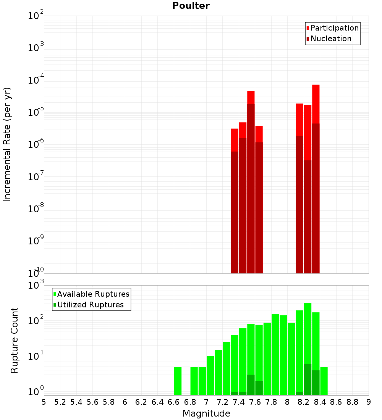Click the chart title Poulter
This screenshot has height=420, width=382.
pyautogui.click(x=191, y=6)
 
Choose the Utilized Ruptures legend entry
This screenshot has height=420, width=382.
pyautogui.click(x=90, y=305)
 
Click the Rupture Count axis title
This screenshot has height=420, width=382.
pyautogui.click(x=15, y=340)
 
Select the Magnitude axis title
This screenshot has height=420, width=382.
pyautogui.click(x=206, y=414)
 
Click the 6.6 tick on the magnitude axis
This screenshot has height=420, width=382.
pyautogui.click(x=174, y=402)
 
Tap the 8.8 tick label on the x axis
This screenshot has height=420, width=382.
pyautogui.click(x=352, y=402)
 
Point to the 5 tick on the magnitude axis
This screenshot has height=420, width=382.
pyautogui.click(x=44, y=402)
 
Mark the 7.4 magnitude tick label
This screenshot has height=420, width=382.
pyautogui.click(x=239, y=402)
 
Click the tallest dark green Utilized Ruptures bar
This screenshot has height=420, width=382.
pyautogui.click(x=308, y=380)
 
